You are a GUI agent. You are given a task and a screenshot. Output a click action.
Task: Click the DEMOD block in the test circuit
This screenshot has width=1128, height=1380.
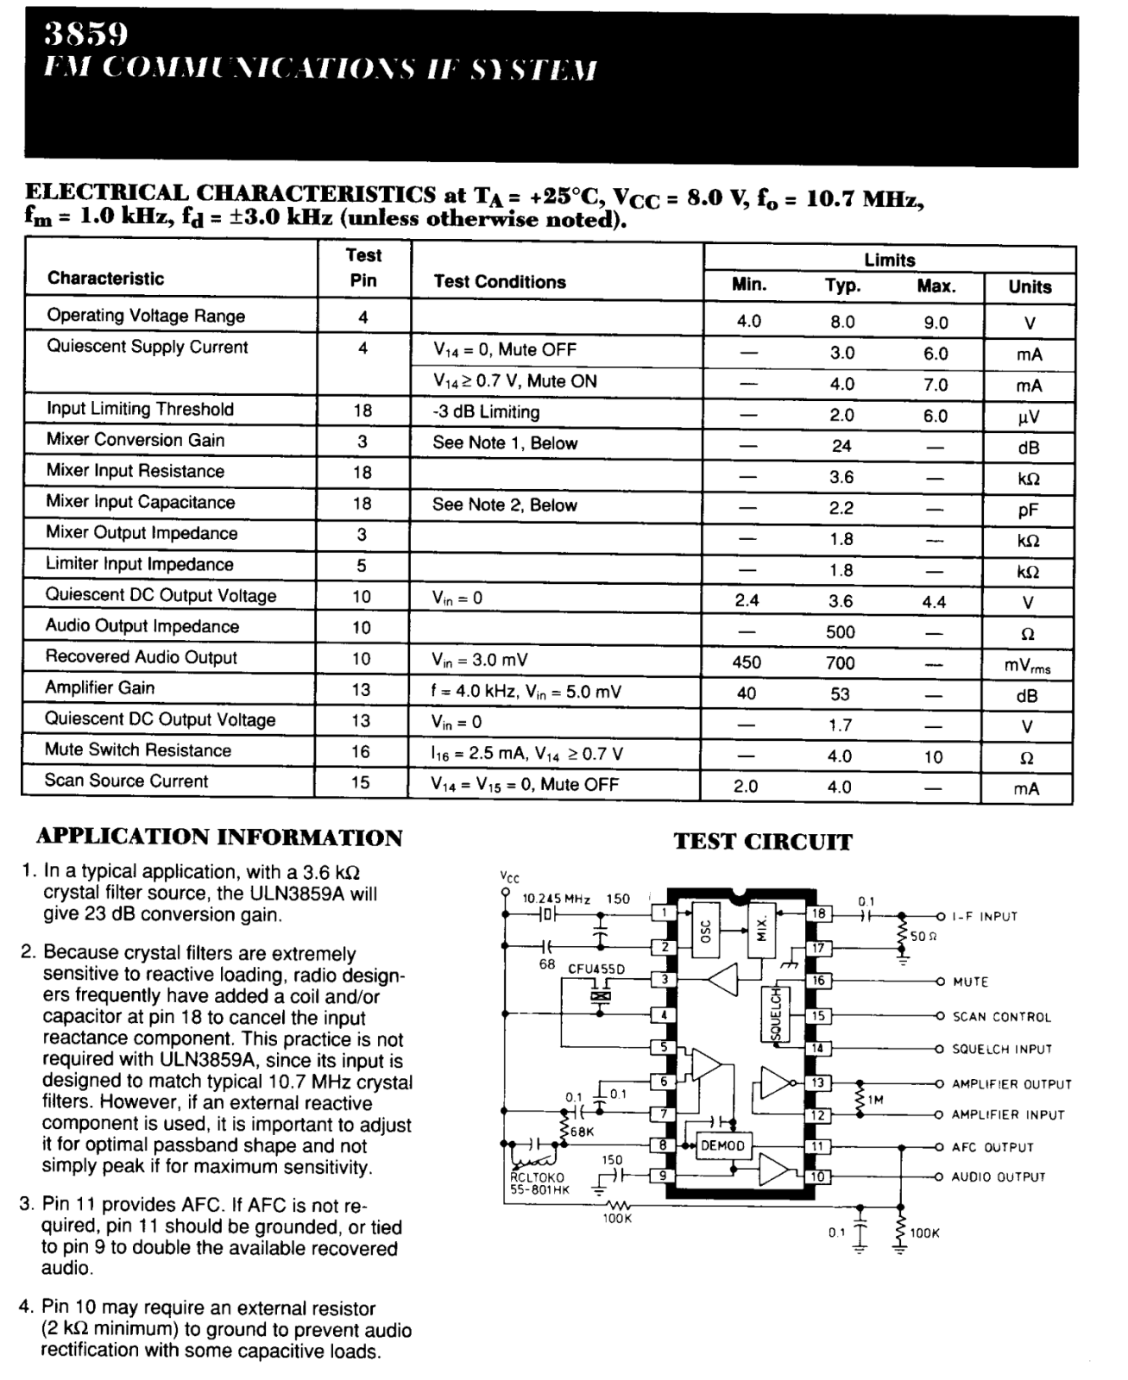point(722,1146)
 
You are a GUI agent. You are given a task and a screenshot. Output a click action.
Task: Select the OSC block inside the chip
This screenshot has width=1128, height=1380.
point(704,930)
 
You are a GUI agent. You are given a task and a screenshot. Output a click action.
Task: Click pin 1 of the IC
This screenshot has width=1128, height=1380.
point(664,913)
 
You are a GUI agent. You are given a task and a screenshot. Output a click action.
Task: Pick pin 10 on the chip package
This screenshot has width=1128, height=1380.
point(817,1176)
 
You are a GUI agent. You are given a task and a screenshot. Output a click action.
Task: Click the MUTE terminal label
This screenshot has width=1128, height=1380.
point(970,982)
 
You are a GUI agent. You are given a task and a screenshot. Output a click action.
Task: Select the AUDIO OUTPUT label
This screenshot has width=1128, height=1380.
point(998,1176)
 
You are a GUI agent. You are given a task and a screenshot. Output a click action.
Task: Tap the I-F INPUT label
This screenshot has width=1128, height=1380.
point(985,916)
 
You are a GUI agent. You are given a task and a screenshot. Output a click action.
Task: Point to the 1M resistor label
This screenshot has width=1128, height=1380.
point(875,1100)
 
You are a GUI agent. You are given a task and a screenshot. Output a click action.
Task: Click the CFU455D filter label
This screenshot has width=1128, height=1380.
point(596,969)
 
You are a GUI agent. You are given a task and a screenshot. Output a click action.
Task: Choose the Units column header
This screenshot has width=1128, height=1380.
point(1030,287)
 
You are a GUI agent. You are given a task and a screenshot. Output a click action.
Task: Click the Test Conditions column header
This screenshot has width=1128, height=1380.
point(500,282)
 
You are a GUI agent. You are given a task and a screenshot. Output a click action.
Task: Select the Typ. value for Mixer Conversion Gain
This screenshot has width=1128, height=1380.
point(841,446)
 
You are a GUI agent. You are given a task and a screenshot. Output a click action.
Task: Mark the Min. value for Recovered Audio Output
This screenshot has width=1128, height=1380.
point(747,662)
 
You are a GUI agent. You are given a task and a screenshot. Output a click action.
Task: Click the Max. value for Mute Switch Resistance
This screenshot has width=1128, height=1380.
point(933,757)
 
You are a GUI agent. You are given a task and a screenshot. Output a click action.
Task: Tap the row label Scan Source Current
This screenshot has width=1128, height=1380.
point(127,781)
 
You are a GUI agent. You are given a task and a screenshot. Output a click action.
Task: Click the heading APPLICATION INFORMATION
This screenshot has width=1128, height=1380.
point(219,837)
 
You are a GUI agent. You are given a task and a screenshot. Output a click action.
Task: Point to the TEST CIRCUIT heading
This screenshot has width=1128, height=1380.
point(762,842)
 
